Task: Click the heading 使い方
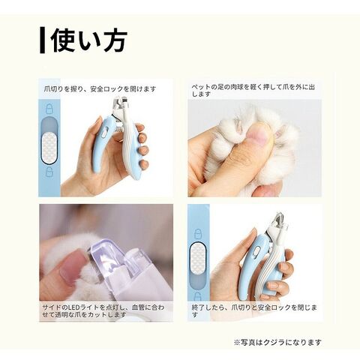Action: point(89,40)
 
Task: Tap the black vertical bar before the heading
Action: point(43,40)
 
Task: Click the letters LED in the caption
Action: point(73,307)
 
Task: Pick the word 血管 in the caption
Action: point(139,307)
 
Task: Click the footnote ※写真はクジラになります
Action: point(277,342)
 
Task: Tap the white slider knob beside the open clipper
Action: point(49,148)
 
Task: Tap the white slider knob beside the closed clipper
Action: point(198,258)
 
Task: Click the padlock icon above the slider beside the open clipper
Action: point(49,109)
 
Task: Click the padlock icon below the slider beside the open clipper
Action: point(49,172)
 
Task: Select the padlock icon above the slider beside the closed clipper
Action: point(198,234)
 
